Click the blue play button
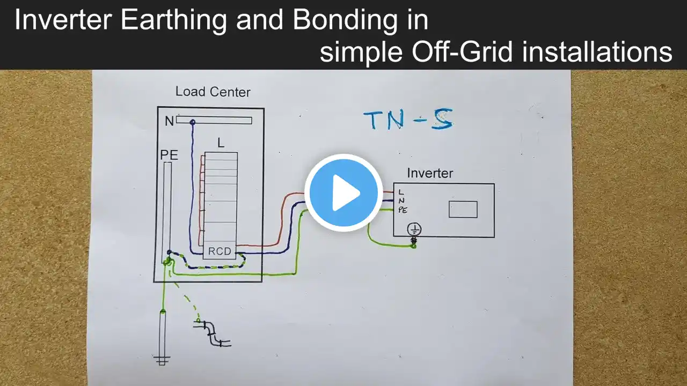pyautogui.click(x=343, y=192)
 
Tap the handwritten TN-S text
pyautogui.click(x=408, y=120)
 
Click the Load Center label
pyautogui.click(x=213, y=92)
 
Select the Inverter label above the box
pyautogui.click(x=430, y=173)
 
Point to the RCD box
pyautogui.click(x=220, y=251)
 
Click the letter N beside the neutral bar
pyautogui.click(x=169, y=122)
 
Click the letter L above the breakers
pyautogui.click(x=221, y=143)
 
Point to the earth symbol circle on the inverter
pyautogui.click(x=414, y=229)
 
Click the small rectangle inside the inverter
pyautogui.click(x=463, y=209)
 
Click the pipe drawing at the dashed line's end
pyautogui.click(x=215, y=333)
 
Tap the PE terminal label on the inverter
pyautogui.click(x=403, y=210)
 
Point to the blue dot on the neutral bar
pyautogui.click(x=192, y=123)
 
